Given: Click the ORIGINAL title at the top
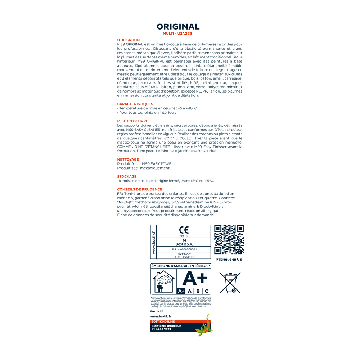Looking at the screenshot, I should [x=178, y=27].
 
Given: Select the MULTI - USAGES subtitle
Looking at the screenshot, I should [x=177, y=33].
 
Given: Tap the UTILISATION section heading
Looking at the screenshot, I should [x=129, y=40].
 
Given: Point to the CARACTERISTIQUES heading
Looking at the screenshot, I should [x=135, y=104].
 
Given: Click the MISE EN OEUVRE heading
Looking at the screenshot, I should [x=132, y=121].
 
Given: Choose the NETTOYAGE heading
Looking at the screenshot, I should [x=128, y=159].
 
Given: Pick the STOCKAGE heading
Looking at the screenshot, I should [x=127, y=176].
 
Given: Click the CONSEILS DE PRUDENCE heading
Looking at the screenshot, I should [x=140, y=189].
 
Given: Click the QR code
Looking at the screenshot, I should [x=229, y=239].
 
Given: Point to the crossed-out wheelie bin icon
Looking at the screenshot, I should [x=230, y=283].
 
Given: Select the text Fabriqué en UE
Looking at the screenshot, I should [x=229, y=259].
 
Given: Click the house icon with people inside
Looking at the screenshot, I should [x=164, y=283].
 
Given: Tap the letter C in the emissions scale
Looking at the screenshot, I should [x=206, y=291].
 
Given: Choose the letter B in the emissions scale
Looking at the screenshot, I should [x=198, y=291].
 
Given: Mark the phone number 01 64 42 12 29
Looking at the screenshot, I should [x=161, y=329].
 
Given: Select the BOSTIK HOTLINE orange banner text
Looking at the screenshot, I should [x=163, y=321].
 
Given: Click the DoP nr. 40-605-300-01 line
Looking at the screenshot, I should [x=184, y=249].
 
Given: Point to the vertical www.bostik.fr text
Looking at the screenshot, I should [x=154, y=242].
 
